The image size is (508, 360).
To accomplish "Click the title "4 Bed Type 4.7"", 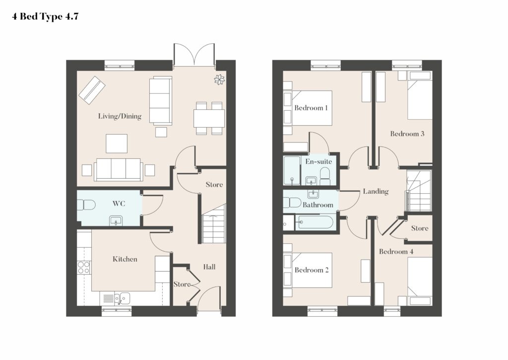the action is (45, 16).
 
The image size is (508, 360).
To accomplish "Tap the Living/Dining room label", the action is (120, 116).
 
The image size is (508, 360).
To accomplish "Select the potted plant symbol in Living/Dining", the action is (219, 79).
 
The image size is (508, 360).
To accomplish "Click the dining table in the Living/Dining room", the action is (209, 118).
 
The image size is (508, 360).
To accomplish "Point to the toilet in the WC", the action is (86, 205).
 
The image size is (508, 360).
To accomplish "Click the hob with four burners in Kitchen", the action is (83, 268).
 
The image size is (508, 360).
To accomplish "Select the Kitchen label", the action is (125, 259).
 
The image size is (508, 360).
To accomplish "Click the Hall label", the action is (209, 267).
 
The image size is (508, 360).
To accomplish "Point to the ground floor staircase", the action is (214, 224).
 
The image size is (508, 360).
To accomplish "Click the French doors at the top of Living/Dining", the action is (194, 55).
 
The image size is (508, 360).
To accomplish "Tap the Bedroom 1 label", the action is (311, 108).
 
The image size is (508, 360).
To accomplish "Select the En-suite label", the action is (318, 161).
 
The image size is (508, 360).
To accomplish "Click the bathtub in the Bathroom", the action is (314, 222).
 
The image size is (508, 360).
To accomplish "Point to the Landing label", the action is (376, 191).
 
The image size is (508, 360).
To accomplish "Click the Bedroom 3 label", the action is (407, 134).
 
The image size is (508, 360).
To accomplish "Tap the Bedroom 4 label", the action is (396, 251).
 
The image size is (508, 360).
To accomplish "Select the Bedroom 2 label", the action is (312, 270).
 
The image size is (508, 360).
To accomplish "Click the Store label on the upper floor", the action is (420, 228).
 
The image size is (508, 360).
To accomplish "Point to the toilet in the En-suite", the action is (324, 177).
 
